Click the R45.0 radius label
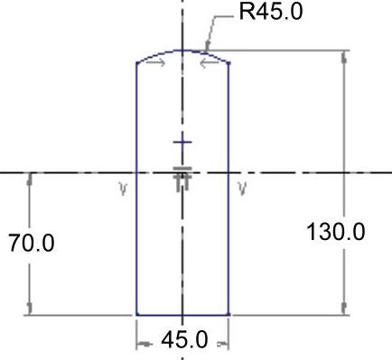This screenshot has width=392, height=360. (271, 12)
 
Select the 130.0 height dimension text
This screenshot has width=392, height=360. (335, 232)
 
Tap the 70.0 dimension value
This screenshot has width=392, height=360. (32, 243)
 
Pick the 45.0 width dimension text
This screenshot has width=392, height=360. (184, 340)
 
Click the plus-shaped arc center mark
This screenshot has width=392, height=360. (182, 143)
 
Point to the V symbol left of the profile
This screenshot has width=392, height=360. (123, 189)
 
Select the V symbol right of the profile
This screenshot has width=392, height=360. (242, 189)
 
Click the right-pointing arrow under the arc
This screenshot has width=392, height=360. (155, 62)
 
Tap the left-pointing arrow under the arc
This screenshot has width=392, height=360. (210, 63)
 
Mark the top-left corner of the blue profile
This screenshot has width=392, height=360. (137, 63)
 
